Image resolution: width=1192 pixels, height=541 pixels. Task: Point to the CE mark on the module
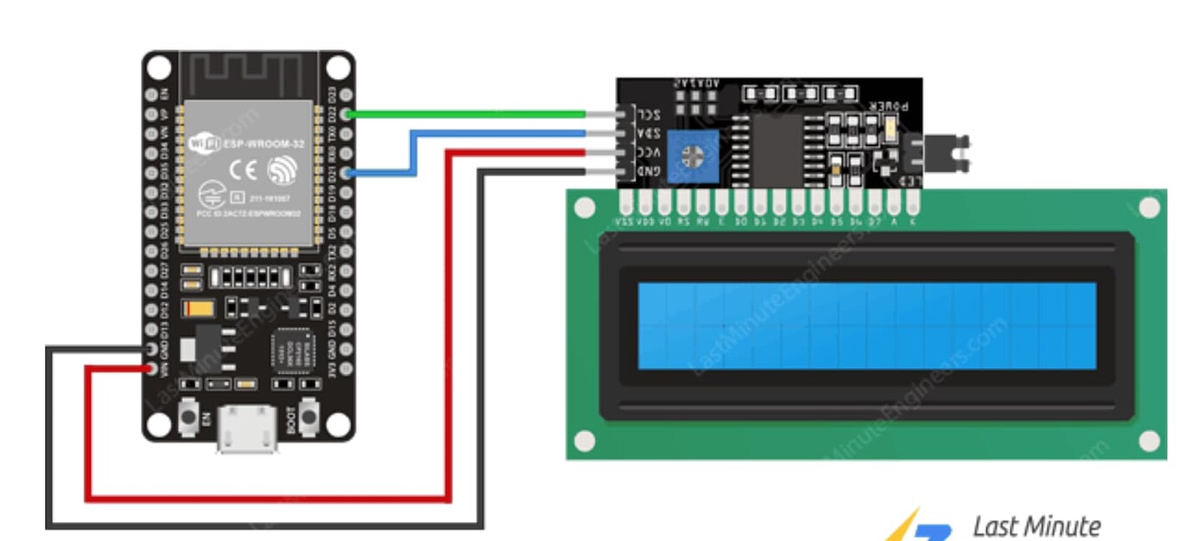[244, 170]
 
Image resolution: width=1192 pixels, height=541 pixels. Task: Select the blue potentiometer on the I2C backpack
[692, 156]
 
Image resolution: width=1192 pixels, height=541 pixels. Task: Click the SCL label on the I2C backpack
[649, 114]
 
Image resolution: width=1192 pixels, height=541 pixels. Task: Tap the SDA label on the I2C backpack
[649, 133]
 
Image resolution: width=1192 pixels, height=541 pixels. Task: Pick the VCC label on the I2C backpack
[649, 152]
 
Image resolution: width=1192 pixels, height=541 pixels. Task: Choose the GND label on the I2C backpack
[649, 171]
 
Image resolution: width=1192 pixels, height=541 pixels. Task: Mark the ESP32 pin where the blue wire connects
[346, 173]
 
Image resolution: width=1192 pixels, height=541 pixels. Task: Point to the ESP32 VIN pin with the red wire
[152, 369]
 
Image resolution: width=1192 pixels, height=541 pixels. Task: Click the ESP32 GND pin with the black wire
[152, 349]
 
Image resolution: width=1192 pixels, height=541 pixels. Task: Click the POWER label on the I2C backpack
[891, 105]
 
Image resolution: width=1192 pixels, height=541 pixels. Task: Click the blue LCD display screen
[866, 326]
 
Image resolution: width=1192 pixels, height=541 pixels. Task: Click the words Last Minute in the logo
[1037, 525]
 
